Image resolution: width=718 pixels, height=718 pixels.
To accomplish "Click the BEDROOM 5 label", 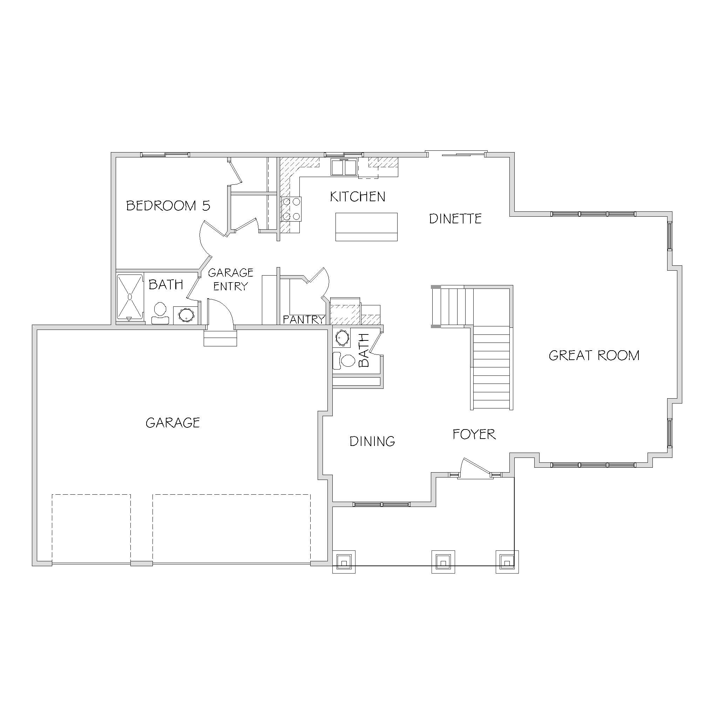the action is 168,205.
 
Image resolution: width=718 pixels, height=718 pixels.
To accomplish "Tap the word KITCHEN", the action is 358,197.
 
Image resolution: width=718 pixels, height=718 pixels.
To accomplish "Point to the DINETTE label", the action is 455,218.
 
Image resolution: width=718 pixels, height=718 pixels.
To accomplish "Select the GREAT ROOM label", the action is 594,355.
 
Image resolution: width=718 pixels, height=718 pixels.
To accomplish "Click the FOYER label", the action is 474,434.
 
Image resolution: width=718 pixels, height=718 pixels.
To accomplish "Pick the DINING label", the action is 372,441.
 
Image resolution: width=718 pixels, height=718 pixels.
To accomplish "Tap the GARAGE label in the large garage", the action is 173,422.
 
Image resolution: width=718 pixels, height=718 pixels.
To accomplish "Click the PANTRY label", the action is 304,319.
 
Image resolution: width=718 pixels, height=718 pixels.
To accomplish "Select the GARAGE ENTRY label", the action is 230,279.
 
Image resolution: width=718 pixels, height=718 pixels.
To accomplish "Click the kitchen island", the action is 366,227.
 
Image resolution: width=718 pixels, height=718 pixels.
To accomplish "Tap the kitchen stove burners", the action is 291,209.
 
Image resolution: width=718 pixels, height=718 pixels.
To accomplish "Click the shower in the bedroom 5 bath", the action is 130,297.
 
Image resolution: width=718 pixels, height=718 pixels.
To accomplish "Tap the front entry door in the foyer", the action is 475,468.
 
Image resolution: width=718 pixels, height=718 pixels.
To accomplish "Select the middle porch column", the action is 443,561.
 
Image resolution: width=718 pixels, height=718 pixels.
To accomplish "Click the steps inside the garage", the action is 221,338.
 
